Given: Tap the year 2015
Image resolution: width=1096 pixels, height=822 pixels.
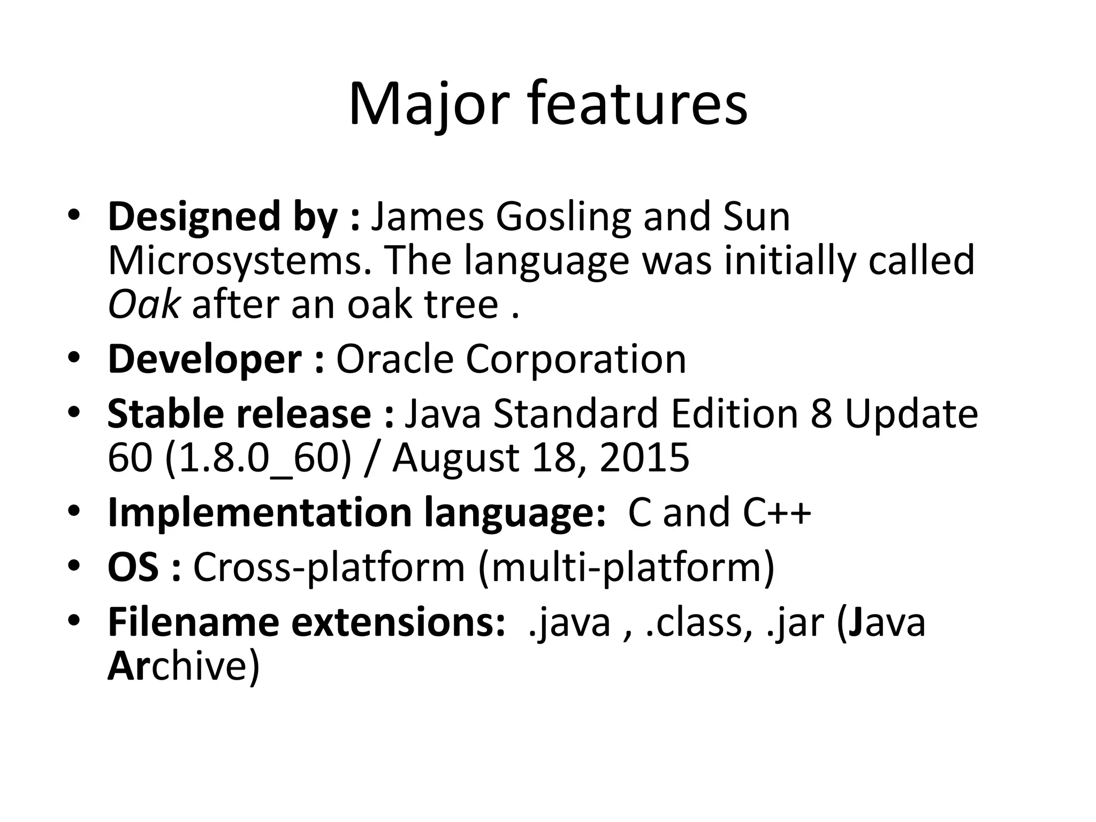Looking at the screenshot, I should tap(644, 458).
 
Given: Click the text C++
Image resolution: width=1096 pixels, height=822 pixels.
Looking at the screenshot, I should tap(777, 512).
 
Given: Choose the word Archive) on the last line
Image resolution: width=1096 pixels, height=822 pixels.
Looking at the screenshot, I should tap(184, 666).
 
